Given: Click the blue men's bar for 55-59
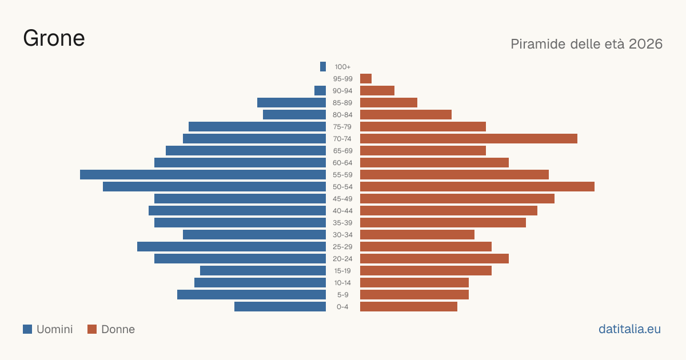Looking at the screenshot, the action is point(203,174).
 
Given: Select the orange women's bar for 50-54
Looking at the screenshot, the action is point(477,187).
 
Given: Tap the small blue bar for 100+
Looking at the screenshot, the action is point(323,67).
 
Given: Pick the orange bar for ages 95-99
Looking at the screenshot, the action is point(366,79).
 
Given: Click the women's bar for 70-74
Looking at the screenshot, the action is point(469,139).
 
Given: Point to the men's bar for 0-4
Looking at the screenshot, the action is point(280,307).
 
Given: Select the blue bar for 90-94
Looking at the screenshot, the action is point(320,91).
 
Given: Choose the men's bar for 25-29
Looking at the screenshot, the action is point(232,247).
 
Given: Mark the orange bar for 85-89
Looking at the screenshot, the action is point(389,102).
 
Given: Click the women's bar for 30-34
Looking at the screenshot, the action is point(417,235).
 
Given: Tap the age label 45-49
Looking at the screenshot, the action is point(342,199).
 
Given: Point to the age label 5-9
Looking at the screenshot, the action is point(342,295).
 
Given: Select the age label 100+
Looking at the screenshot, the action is point(342,67).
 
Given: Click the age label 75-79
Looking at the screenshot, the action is point(342,127).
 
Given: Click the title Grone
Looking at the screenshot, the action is point(54,38).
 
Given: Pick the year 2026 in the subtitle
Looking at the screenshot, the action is point(645,44).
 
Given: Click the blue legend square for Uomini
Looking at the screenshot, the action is point(27,329).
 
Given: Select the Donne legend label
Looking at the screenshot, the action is point(118,329).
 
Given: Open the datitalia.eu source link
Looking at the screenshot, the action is point(629,329).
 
